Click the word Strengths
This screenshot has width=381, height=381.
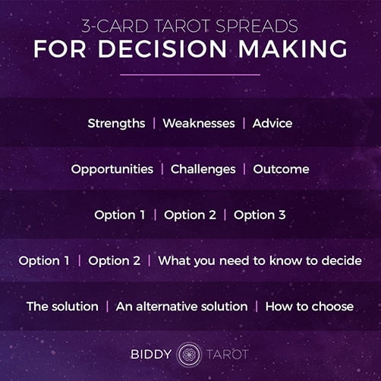(x=116, y=124)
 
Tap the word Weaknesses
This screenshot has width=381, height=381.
(x=199, y=124)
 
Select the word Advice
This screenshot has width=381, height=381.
(x=272, y=124)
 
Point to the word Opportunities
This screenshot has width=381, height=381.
(x=112, y=169)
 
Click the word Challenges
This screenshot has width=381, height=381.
(x=203, y=169)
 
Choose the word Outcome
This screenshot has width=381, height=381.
(x=281, y=169)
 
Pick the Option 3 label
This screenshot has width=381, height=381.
(x=260, y=216)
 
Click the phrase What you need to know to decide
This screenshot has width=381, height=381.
(x=260, y=261)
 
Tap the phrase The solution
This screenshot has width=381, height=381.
(x=62, y=307)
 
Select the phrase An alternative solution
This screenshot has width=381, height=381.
(x=181, y=307)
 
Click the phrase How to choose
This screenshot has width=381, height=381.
(x=309, y=307)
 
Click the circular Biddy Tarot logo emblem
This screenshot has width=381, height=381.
(x=189, y=354)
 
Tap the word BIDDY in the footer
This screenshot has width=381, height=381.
(x=151, y=354)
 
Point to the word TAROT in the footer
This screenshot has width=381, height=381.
(x=228, y=354)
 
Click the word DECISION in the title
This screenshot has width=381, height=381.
(x=162, y=49)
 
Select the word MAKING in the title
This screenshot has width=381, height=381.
(x=293, y=49)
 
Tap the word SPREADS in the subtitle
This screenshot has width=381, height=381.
(x=257, y=26)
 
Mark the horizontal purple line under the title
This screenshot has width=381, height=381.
(x=190, y=75)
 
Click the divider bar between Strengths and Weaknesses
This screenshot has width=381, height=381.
(x=154, y=124)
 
